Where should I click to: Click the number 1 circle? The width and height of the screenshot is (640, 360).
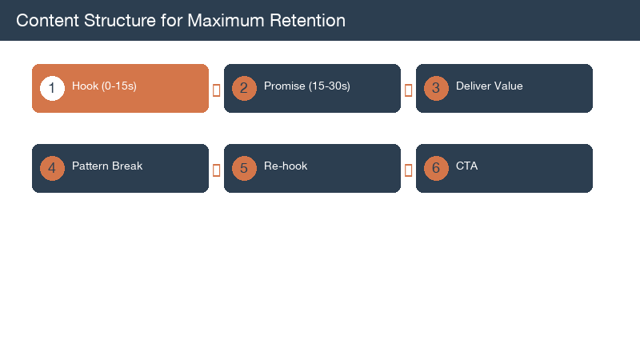pos(52,88)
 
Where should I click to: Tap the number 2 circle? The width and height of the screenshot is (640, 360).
pos(244,88)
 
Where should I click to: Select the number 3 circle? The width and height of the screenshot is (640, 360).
pos(436,88)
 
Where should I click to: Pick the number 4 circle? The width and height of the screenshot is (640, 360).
pos(52,168)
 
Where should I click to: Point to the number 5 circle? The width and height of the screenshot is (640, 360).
pos(244,168)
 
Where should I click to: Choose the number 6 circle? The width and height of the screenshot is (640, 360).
pos(436,168)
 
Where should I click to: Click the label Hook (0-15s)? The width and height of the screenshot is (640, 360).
pos(104,86)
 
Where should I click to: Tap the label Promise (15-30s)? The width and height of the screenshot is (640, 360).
pos(307,86)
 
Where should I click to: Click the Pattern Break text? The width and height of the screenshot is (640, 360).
pos(107,166)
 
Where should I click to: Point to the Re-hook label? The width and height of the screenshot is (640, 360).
pos(286,166)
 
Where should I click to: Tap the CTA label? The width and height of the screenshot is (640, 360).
pos(466,166)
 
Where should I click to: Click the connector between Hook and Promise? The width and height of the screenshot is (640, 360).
pos(216,90)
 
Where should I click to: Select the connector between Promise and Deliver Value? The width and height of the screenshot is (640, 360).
pos(408,90)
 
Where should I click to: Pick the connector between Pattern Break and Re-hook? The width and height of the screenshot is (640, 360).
pos(216,170)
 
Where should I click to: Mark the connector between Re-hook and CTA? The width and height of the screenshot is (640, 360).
pos(408,170)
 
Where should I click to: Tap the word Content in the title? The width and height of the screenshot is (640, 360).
pos(45,21)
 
